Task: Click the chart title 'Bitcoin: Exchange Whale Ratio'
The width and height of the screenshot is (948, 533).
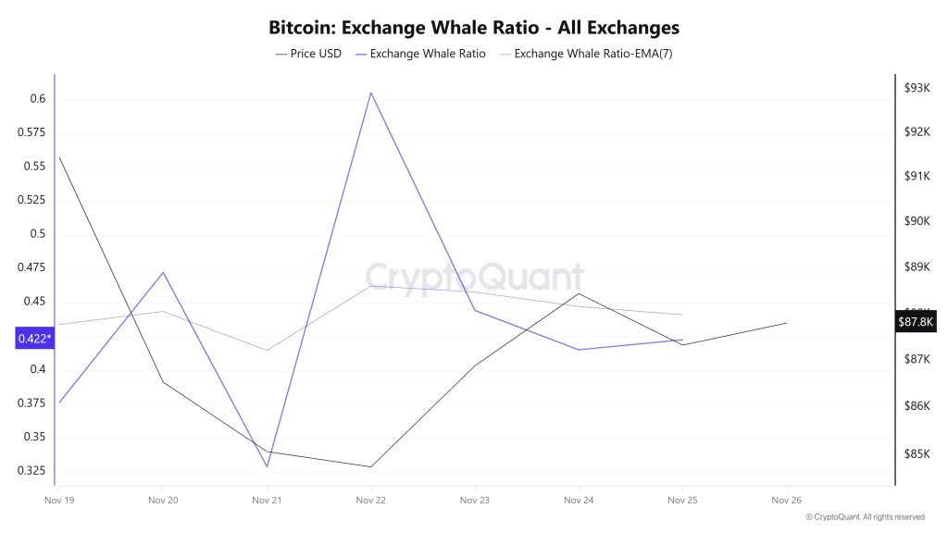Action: click(x=473, y=28)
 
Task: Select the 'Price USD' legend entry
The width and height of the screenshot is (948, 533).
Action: click(x=308, y=54)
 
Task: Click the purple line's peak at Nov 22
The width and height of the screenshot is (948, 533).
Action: click(x=371, y=93)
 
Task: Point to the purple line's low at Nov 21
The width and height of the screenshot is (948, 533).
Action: click(x=267, y=466)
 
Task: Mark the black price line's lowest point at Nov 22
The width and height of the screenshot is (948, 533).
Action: click(x=370, y=466)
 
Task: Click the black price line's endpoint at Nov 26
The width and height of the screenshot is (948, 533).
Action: click(x=786, y=323)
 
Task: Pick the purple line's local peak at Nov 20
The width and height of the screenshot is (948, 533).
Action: click(x=163, y=272)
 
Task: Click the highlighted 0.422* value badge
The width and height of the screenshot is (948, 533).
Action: click(x=35, y=339)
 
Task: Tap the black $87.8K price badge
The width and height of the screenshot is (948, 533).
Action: click(x=917, y=321)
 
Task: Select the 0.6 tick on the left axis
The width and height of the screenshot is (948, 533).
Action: click(x=37, y=99)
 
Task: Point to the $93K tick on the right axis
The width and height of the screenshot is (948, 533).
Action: click(x=917, y=88)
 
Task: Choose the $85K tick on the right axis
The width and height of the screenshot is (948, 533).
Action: click(x=917, y=453)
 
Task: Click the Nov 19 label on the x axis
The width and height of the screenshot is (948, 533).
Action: click(x=59, y=500)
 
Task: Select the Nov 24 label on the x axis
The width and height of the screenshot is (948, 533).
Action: click(x=579, y=500)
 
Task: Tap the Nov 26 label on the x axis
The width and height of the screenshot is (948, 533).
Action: click(x=786, y=500)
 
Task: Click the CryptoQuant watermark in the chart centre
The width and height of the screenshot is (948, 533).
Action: click(x=474, y=277)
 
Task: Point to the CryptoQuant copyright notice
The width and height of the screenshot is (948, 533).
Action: click(x=865, y=517)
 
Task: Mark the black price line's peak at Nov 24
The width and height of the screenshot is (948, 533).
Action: click(x=579, y=293)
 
